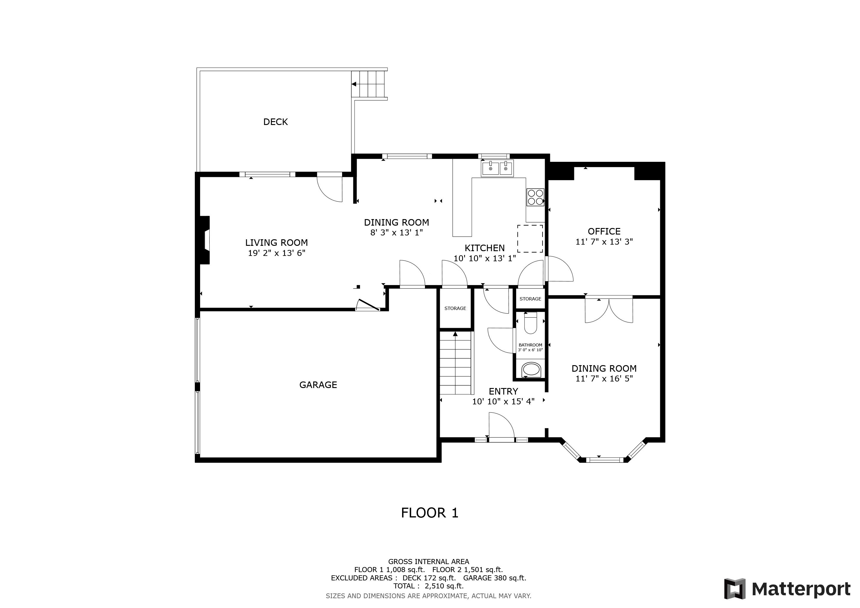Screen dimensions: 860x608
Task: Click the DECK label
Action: [x=275, y=122]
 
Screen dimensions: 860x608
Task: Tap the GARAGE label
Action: [x=318, y=385]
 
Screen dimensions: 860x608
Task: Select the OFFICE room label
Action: [x=604, y=231]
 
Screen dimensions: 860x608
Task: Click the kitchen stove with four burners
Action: [x=535, y=197]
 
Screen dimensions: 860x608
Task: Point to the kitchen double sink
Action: [x=497, y=168]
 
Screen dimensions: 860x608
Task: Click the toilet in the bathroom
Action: [x=530, y=323]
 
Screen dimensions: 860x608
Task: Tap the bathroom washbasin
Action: [x=531, y=370]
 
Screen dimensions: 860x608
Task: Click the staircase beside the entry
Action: [x=455, y=363]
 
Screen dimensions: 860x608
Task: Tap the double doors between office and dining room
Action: [x=609, y=310]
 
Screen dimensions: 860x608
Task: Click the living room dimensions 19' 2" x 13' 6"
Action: [x=276, y=253]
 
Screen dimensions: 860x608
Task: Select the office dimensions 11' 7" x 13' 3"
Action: [x=604, y=242]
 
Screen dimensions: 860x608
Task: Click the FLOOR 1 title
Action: [x=430, y=513]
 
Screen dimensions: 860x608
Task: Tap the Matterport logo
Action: [x=787, y=589]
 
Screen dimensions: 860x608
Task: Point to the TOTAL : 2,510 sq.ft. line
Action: [x=429, y=586]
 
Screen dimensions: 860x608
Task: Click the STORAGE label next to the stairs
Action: [x=455, y=308]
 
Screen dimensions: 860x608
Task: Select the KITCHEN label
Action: [x=485, y=248]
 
